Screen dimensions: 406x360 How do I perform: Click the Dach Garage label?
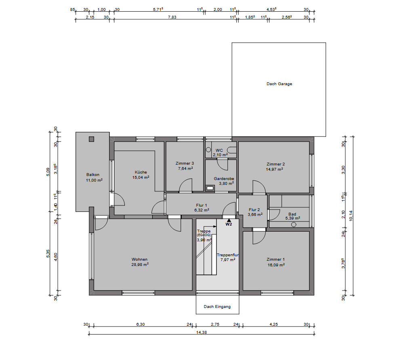click(279, 84)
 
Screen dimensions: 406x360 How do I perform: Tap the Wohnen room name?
click(139, 259)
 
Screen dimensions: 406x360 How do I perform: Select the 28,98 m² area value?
click(140, 264)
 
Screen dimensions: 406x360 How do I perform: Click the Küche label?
click(141, 172)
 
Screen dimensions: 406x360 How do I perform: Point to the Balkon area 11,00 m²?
click(94, 180)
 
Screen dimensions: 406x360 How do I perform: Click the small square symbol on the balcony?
click(91, 139)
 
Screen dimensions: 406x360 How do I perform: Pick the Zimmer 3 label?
click(185, 163)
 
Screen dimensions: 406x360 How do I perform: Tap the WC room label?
click(219, 150)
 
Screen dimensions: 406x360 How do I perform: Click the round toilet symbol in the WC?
click(208, 150)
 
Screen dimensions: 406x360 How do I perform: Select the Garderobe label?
click(224, 178)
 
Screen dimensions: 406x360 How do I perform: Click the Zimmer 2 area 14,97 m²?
click(274, 169)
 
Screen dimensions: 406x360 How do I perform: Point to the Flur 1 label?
click(202, 205)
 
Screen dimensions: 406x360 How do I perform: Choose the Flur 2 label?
click(254, 209)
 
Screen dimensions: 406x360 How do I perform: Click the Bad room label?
click(292, 214)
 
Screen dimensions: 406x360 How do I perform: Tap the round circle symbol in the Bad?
click(294, 224)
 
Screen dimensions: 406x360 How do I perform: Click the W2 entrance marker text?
click(229, 224)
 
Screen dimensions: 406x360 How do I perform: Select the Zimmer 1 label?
click(276, 259)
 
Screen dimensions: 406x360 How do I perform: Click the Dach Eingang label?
click(217, 306)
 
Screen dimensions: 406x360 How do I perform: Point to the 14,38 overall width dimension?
click(202, 332)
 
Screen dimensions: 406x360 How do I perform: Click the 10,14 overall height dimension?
click(351, 216)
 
